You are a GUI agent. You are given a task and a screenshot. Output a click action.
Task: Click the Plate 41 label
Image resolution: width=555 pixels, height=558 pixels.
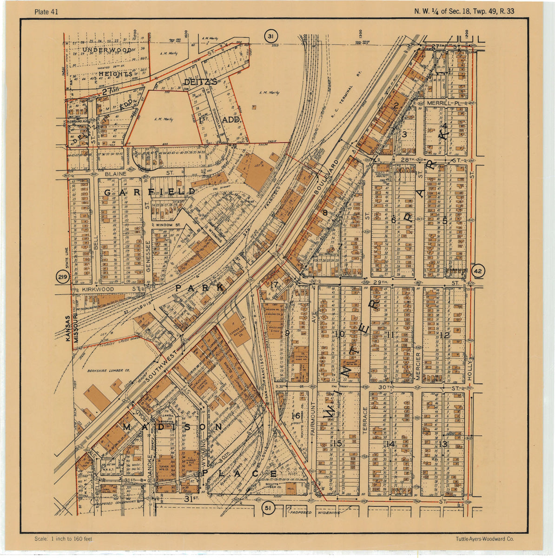point(46,12)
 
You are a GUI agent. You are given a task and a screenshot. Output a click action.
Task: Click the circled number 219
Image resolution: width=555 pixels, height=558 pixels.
point(62,278)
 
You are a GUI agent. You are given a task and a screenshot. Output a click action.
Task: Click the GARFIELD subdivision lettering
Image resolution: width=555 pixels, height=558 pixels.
point(150,192)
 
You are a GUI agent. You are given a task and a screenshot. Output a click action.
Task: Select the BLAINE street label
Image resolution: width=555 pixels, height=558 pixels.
point(116,173)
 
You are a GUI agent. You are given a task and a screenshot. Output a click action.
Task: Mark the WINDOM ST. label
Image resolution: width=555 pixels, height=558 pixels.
point(168,225)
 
